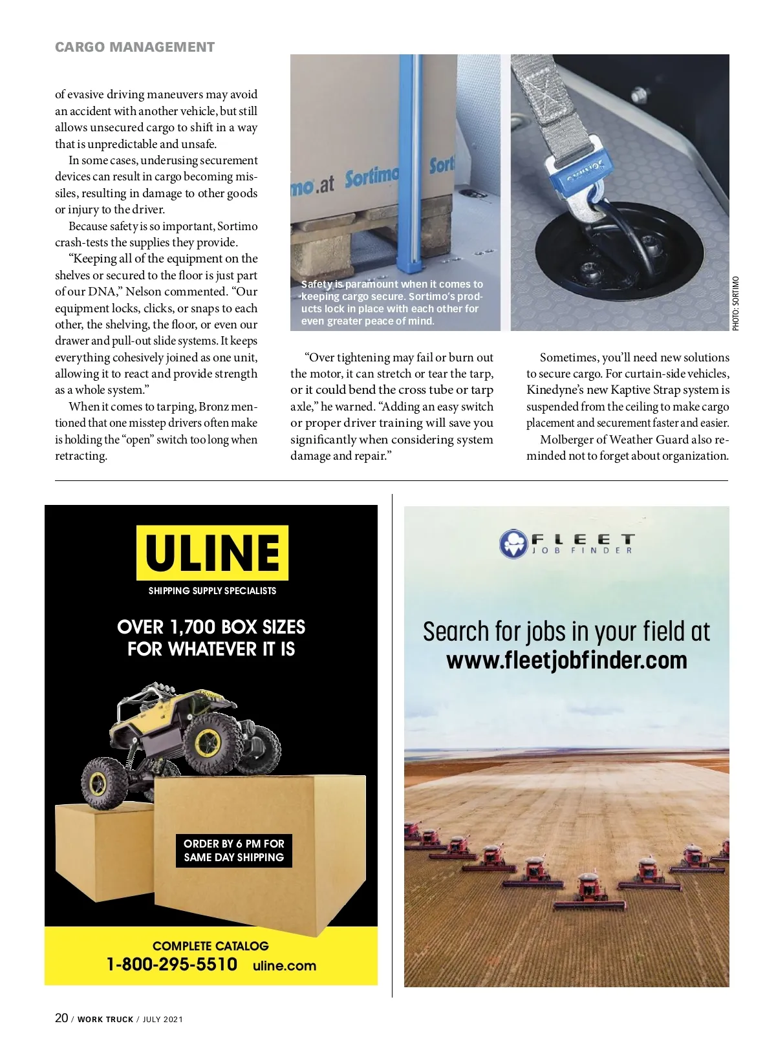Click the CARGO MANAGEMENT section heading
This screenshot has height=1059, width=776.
coord(135,47)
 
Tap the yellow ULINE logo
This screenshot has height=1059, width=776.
coord(212,552)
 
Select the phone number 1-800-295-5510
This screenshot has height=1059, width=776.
coord(172,964)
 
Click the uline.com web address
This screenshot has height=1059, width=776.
coord(285,965)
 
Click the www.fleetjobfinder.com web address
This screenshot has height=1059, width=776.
coord(566,661)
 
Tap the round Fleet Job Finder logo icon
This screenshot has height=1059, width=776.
coord(514,544)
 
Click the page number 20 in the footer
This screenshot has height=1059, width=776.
coord(61,1018)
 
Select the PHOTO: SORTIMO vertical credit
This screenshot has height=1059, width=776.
coord(735,303)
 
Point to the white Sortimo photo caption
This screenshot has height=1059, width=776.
coord(392,303)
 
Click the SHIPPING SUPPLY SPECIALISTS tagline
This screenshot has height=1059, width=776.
coord(212,591)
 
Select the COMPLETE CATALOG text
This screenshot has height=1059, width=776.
coord(211,946)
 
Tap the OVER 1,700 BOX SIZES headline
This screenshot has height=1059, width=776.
coord(211,627)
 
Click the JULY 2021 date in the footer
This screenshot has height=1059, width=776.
coord(163,1020)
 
